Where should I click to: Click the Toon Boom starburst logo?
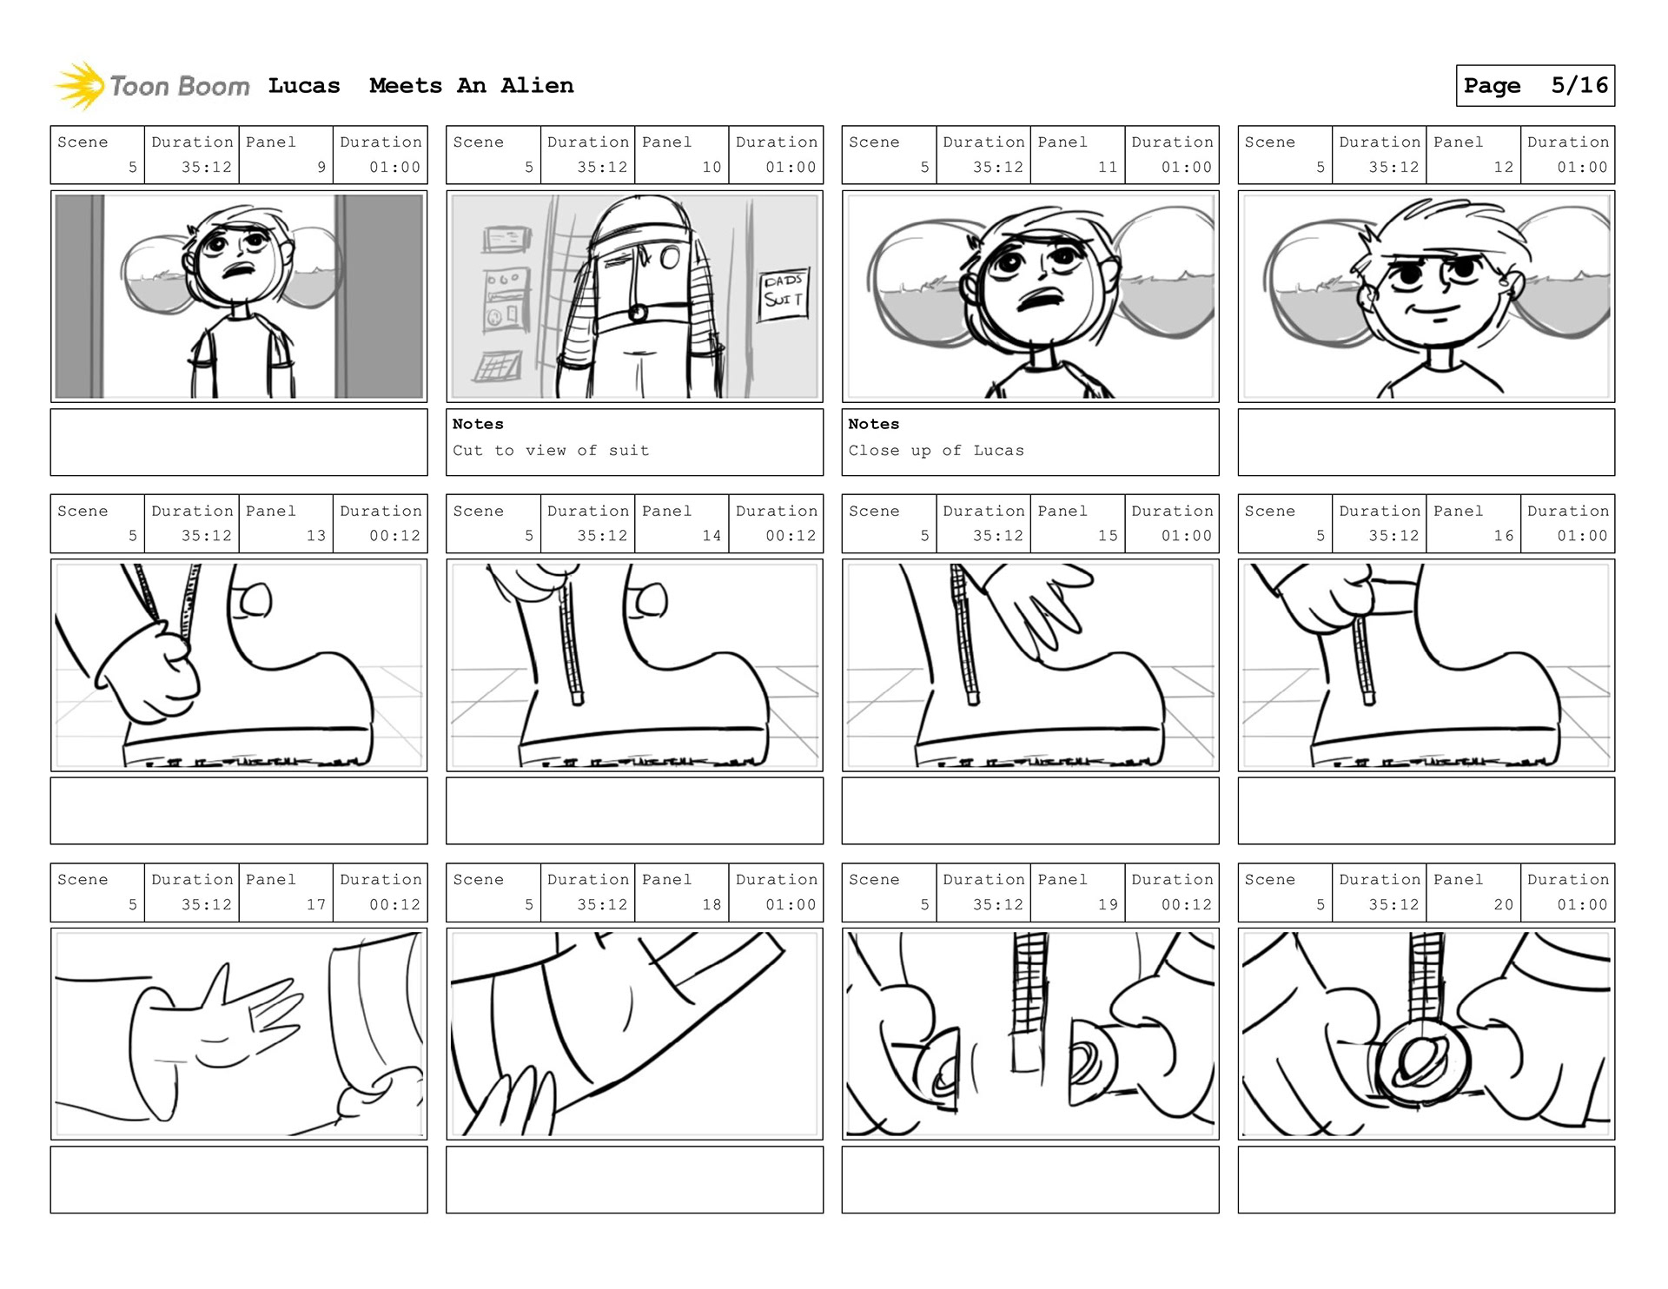click(x=79, y=86)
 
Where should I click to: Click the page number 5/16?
click(x=1579, y=85)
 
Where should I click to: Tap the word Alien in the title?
click(x=537, y=85)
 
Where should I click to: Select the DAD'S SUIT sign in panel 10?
click(x=783, y=294)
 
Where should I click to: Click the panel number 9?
click(x=321, y=167)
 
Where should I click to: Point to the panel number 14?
click(x=712, y=536)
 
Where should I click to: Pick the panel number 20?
click(x=1504, y=904)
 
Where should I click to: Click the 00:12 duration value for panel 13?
click(x=394, y=536)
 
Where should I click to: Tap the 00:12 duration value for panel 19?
click(x=1187, y=904)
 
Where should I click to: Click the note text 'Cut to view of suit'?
click(x=551, y=450)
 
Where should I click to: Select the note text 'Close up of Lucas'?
click(x=936, y=450)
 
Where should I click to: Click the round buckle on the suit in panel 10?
click(x=638, y=313)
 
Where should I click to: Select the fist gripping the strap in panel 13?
click(x=148, y=669)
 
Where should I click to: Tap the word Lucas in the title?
click(x=304, y=85)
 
